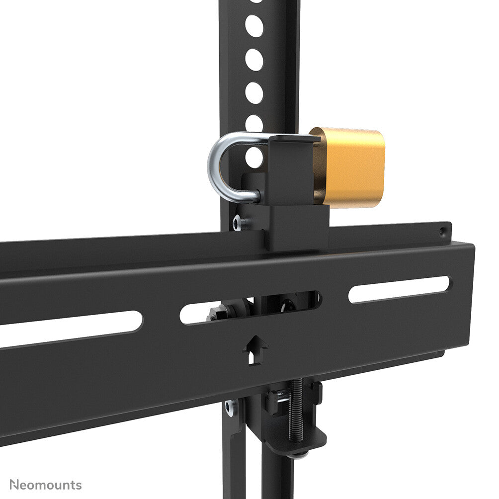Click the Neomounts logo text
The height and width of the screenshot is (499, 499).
click(46, 485)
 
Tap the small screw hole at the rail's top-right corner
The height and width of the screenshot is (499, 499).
click(442, 231)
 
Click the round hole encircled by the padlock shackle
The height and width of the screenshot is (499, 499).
click(253, 158)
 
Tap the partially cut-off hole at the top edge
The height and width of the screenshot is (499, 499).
click(255, 1)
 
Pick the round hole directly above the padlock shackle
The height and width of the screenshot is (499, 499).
click(254, 123)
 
